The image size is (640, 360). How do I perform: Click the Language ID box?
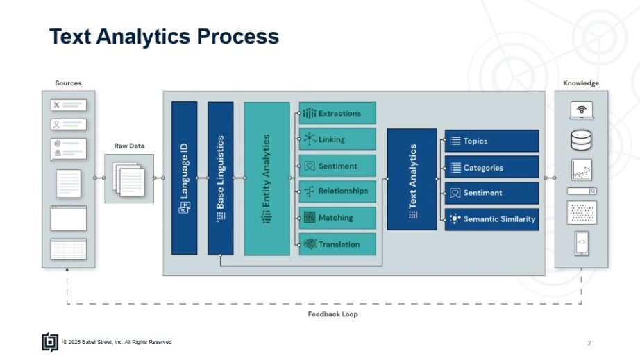coord(184,178)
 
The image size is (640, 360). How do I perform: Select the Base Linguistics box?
coord(220,178)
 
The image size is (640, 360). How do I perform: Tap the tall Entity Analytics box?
coord(267,178)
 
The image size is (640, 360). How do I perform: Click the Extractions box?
coord(337,113)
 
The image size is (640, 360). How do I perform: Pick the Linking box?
coord(337,139)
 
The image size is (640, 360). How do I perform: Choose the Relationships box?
coord(337,191)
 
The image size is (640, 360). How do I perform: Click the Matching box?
coord(337,218)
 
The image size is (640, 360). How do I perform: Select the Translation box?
coord(337,244)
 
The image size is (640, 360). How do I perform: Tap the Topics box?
coord(491,141)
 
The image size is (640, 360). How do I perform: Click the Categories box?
coord(491,167)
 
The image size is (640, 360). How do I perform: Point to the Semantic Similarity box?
coord(491,219)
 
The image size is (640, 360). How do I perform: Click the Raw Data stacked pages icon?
coord(128,178)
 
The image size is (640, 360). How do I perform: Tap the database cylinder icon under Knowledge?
coord(581,139)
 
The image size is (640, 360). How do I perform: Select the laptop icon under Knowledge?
coord(581,110)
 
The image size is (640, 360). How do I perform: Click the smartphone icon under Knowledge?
coord(581,243)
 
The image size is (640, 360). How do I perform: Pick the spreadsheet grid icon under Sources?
coord(68,248)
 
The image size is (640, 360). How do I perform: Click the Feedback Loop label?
coord(332,314)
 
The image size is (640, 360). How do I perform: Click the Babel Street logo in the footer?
coord(49,342)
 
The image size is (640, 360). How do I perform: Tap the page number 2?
coord(589,343)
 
